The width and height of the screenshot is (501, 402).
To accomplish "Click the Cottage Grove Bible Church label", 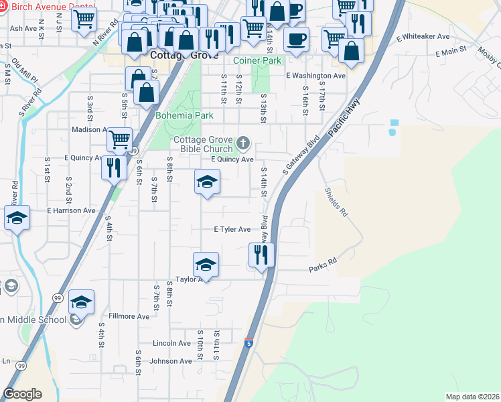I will tap(203, 144).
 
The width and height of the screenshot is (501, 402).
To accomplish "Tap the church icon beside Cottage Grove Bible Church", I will tap(242, 143).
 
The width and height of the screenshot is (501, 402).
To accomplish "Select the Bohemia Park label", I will tap(184, 115).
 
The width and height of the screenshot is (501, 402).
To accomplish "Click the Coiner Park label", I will tap(257, 60).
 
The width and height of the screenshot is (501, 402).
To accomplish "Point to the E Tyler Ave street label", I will tap(232, 229).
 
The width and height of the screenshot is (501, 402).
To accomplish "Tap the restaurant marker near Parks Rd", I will tap(261, 256).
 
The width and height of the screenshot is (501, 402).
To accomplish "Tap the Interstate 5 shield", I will tap(249, 344).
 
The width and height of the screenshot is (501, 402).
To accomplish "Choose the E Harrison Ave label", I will tap(71, 210).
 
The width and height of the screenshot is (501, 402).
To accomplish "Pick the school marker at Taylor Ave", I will tap(206, 265).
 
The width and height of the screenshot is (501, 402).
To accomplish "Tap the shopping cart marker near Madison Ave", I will tap(119, 141).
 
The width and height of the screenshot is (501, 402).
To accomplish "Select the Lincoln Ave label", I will tap(171, 343).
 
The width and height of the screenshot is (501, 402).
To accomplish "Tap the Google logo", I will tap(22, 394).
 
